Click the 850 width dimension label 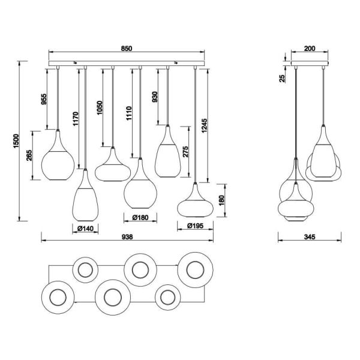tap(127, 49)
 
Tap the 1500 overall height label tap(16, 141)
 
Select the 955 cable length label tap(44, 99)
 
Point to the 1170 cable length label tap(76, 119)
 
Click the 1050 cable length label tap(100, 107)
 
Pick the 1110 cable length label tap(129, 113)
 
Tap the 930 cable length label tap(155, 97)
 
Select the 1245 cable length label tap(205, 125)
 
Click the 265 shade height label tap(29, 155)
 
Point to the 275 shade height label tap(185, 152)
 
